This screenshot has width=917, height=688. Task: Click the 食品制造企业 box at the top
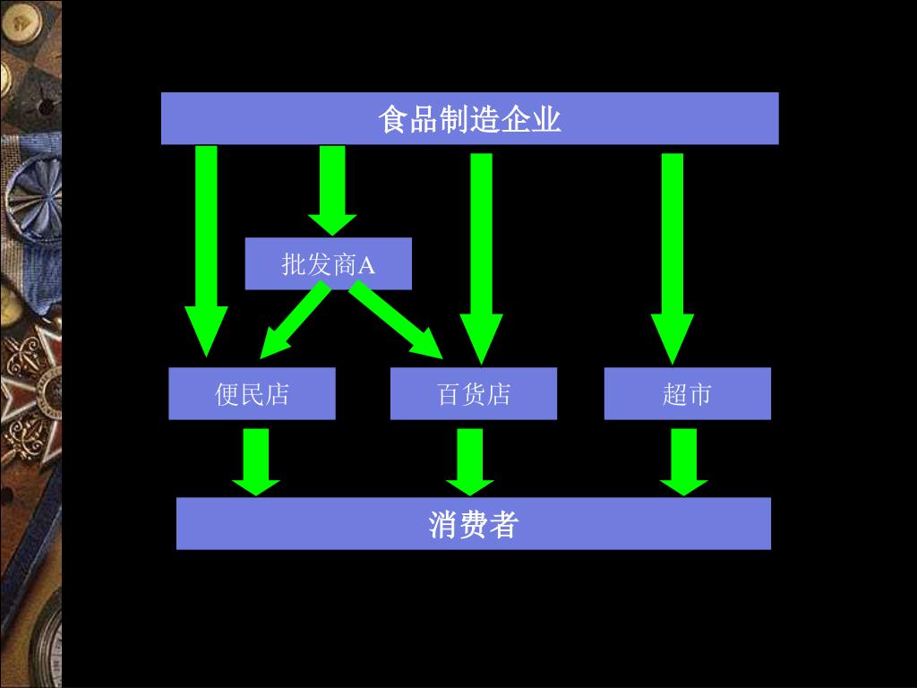(x=469, y=118)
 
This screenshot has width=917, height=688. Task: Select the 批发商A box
(x=328, y=263)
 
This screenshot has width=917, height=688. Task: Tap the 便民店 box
(x=252, y=393)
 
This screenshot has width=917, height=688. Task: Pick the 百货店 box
(x=473, y=393)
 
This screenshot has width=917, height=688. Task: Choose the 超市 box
(x=687, y=393)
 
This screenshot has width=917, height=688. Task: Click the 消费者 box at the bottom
(x=473, y=523)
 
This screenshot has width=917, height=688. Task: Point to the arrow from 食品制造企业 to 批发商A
(x=332, y=188)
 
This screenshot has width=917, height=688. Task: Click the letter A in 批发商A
(x=366, y=264)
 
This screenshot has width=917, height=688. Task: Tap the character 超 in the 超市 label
(x=674, y=394)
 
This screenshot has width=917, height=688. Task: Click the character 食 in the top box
(x=392, y=119)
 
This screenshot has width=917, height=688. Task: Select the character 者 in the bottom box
(x=503, y=524)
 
